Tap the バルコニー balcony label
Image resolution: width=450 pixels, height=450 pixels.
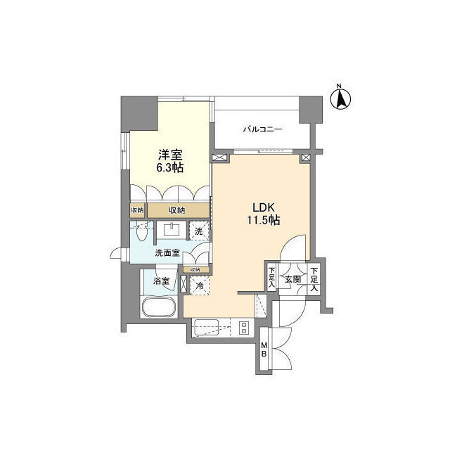pos(262,129)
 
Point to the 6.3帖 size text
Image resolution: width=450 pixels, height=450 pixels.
pos(171,169)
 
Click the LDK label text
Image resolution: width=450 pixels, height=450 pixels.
pos(262,208)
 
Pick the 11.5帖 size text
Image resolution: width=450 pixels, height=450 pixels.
pos(262,221)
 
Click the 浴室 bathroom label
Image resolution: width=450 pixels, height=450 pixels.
pos(161,281)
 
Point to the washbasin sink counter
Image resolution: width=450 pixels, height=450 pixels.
pos(172,229)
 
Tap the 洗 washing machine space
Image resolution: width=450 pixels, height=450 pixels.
pos(199,230)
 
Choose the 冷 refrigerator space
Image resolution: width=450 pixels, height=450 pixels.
pos(198,286)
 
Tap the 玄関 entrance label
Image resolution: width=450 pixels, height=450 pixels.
pos(292,280)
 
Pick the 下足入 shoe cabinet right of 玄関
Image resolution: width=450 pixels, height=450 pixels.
pos(314,280)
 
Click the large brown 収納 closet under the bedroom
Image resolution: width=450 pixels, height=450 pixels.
pos(177,210)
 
